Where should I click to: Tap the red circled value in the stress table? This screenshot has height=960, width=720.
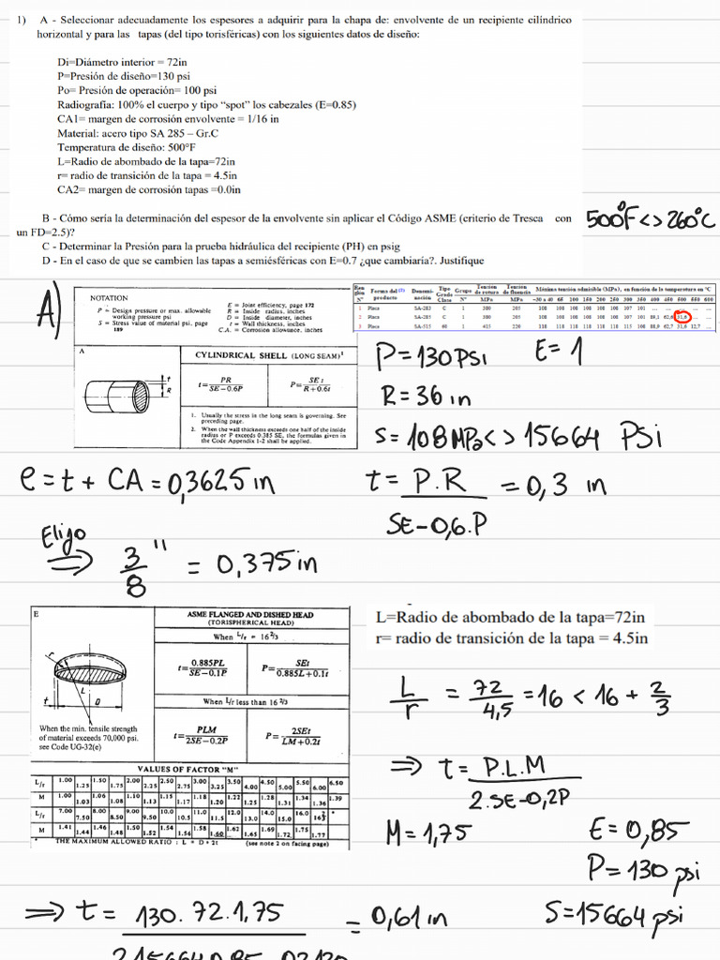[x=683, y=317]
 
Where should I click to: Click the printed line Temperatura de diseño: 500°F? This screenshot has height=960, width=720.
[x=127, y=147]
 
